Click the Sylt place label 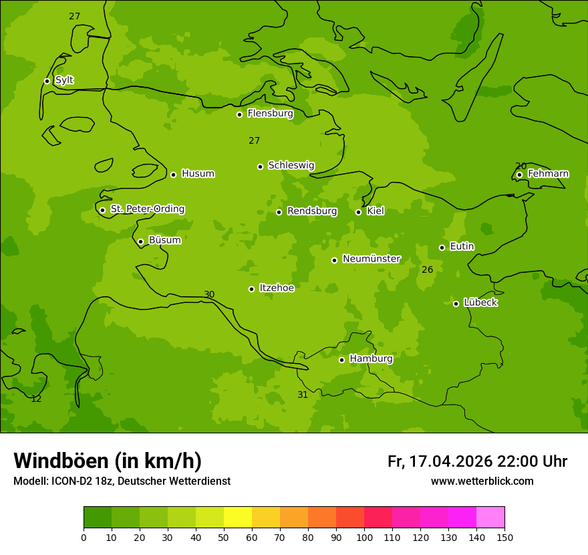64,80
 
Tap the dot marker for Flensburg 239,114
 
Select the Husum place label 198,174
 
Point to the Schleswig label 291,165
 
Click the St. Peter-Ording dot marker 102,210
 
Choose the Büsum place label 164,240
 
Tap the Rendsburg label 311,211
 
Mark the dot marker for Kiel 358,212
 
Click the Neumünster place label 371,259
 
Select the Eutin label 462,246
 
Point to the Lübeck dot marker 456,304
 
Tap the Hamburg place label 371,358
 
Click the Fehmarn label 548,174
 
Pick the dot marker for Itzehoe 251,289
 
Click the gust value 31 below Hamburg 303,395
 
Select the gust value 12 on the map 36,399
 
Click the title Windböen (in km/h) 108,461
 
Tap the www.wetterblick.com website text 482,481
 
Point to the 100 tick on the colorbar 364,537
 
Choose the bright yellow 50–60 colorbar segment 238,518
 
